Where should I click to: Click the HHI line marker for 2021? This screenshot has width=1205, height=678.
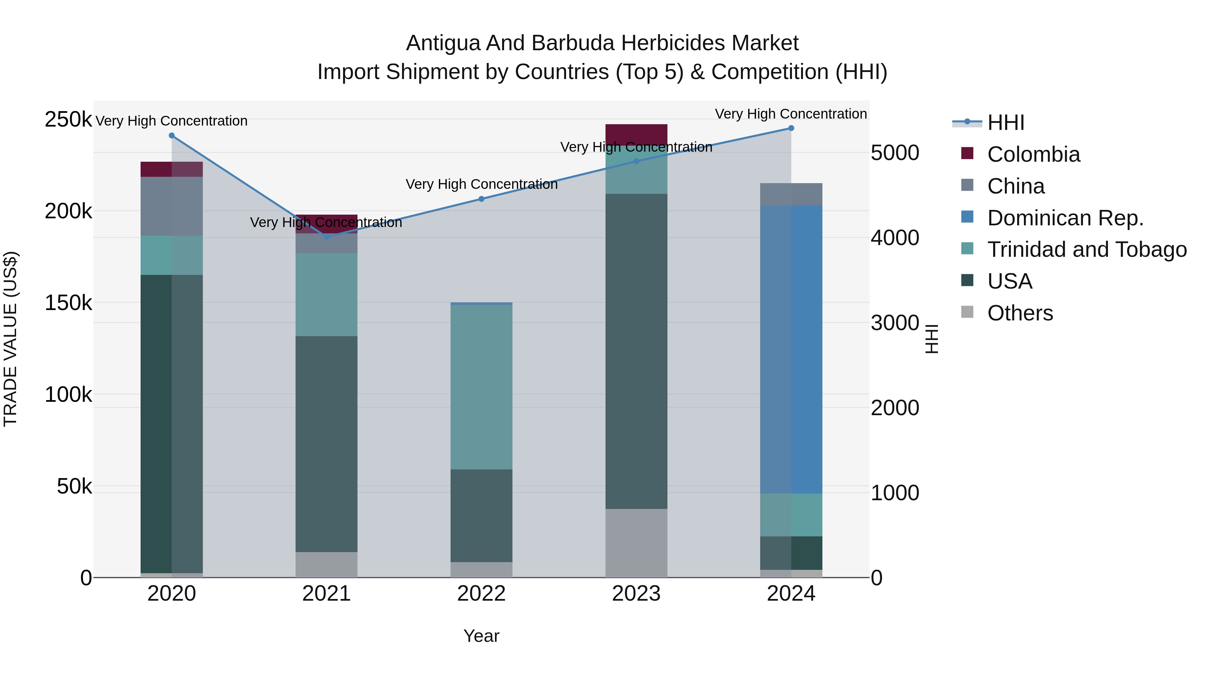326,237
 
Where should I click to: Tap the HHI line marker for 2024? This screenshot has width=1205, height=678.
791,128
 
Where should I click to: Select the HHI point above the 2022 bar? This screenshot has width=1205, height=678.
481,199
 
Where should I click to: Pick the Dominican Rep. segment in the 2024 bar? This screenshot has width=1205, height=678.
791,349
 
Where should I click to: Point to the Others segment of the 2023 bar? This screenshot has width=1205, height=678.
636,543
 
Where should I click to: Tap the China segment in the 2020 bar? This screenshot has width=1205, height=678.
172,206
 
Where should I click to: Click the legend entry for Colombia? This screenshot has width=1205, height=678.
1033,154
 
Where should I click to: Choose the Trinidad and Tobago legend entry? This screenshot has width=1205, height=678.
1087,249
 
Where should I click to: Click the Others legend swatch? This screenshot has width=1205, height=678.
967,312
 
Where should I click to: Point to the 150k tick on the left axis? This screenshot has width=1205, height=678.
68,303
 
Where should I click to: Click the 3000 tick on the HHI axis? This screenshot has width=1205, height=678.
894,323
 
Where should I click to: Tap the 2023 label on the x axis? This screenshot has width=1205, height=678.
636,594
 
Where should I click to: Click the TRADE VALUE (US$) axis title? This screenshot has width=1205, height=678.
10,339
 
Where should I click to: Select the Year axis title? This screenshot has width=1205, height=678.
481,636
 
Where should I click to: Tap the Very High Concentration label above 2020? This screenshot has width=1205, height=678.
172,121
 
